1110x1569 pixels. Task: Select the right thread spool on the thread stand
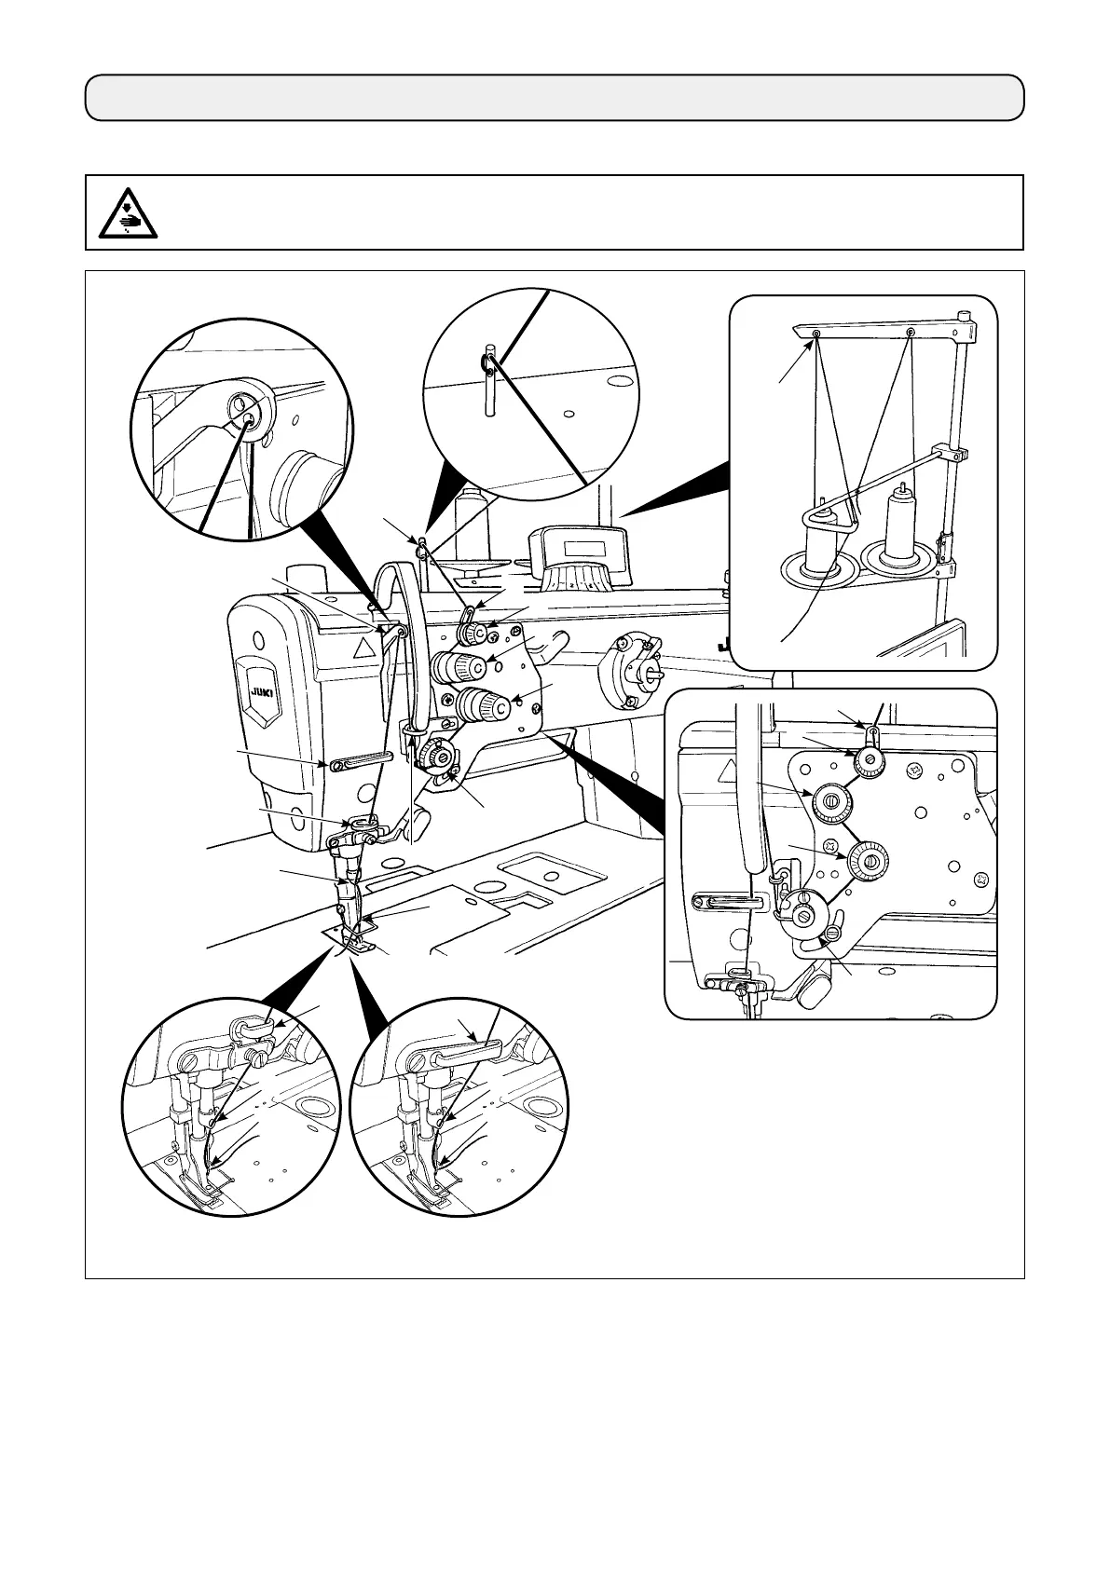tap(900, 527)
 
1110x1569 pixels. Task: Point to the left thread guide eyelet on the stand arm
tap(816, 334)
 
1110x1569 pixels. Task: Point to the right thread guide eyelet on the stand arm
tap(911, 333)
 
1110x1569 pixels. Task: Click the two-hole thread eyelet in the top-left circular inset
tap(245, 411)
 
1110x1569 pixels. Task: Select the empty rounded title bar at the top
tap(555, 98)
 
